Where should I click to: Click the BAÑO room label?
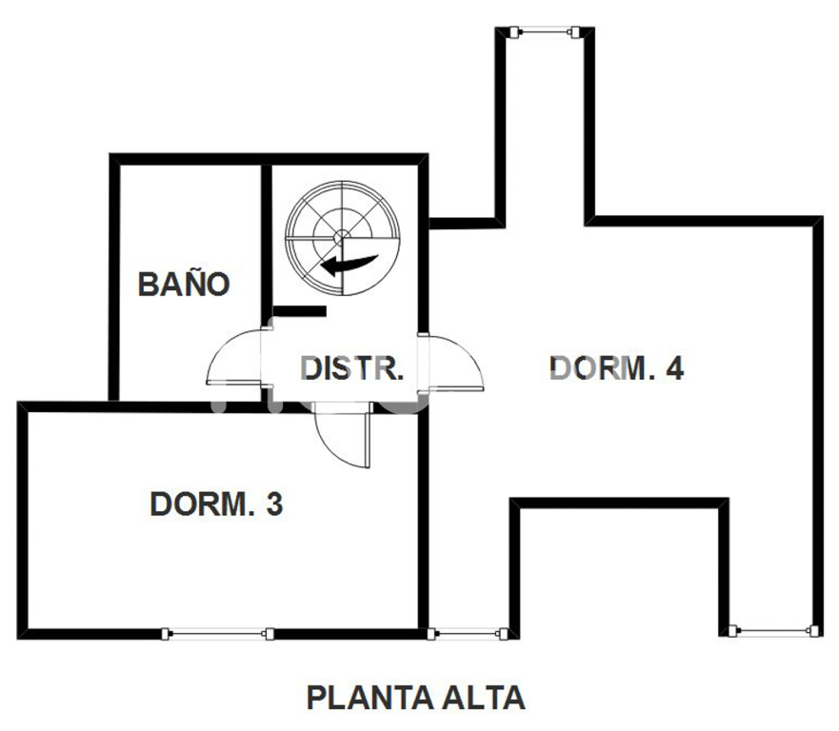[x=184, y=284]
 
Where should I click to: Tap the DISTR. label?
[x=352, y=367]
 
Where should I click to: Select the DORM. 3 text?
[x=216, y=504]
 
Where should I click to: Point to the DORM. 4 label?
[x=617, y=367]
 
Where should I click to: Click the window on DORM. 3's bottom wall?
[x=217, y=633]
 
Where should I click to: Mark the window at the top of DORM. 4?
[x=546, y=33]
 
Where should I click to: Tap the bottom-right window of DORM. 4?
[x=772, y=629]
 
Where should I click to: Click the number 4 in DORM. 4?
[x=674, y=367]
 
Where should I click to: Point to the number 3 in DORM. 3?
[x=274, y=504]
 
